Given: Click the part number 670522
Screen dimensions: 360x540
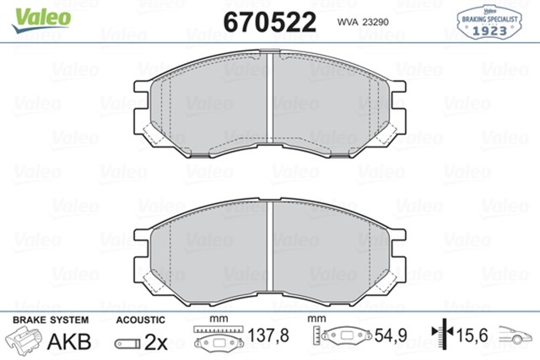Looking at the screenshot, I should [x=270, y=21].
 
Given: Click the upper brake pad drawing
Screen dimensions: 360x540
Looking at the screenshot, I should [x=211, y=105].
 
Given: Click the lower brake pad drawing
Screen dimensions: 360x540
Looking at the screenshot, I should [x=211, y=249].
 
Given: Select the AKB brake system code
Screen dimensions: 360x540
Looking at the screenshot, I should [x=69, y=342].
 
